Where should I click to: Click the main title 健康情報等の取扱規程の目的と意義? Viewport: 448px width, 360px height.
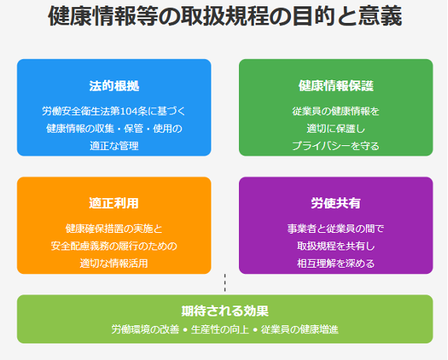(225, 17)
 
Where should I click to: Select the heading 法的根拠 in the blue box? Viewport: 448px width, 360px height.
(114, 86)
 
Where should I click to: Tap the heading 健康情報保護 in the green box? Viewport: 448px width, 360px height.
(336, 86)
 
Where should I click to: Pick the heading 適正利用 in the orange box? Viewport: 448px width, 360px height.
(114, 204)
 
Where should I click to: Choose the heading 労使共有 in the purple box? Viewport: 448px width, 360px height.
(336, 204)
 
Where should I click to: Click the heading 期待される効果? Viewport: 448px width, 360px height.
(225, 311)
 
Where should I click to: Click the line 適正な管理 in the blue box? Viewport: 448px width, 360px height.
(114, 146)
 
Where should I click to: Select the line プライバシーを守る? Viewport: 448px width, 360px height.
(336, 146)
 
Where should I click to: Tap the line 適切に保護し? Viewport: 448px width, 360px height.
(336, 129)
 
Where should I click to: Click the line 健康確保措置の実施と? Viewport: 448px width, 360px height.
(114, 229)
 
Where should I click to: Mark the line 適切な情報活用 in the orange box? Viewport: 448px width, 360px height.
(114, 264)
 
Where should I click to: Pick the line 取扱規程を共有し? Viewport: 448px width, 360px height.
(336, 246)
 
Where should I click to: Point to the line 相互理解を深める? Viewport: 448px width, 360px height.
(336, 264)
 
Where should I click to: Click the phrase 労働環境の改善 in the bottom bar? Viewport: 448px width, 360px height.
(145, 330)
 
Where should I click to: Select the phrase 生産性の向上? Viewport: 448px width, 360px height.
(220, 330)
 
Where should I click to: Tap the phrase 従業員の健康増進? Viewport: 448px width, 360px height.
(300, 330)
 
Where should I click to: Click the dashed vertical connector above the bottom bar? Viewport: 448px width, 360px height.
(225, 283)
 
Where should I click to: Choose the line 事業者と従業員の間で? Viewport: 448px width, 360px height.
(336, 229)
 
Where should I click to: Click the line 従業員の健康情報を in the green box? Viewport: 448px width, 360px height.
(336, 111)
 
